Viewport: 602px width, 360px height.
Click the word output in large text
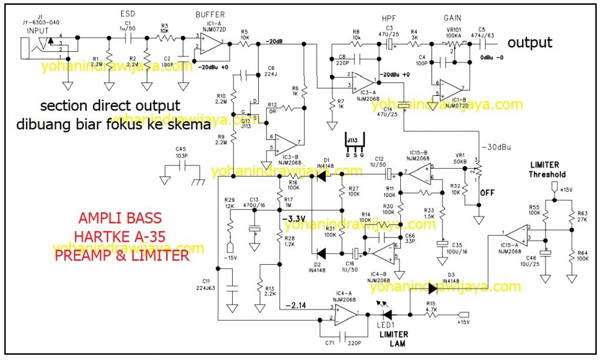(529, 42)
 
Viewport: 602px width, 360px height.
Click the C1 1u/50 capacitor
(128, 38)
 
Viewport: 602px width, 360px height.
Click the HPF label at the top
(389, 18)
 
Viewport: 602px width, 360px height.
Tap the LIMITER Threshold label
(547, 170)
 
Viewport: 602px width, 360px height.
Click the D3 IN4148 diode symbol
(434, 288)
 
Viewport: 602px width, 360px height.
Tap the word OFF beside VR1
(487, 192)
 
